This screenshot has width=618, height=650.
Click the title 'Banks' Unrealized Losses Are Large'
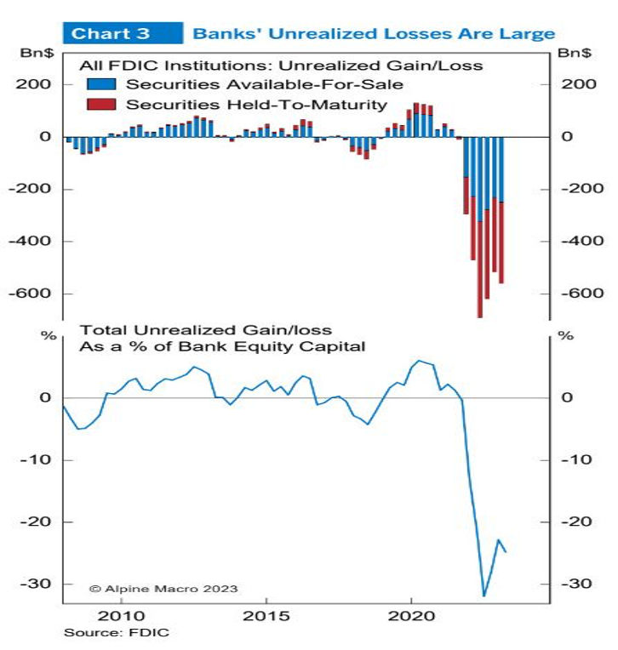(x=374, y=33)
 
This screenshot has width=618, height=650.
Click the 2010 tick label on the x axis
(x=121, y=614)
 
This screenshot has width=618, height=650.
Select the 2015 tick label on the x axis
(x=266, y=614)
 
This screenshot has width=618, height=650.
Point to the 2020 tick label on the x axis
(x=412, y=614)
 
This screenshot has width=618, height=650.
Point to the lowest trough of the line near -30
(x=484, y=596)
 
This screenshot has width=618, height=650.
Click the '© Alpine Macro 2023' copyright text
(x=163, y=589)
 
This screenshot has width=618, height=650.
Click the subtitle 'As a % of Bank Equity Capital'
(x=222, y=346)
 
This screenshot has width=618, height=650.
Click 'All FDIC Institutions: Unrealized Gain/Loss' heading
(x=281, y=65)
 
